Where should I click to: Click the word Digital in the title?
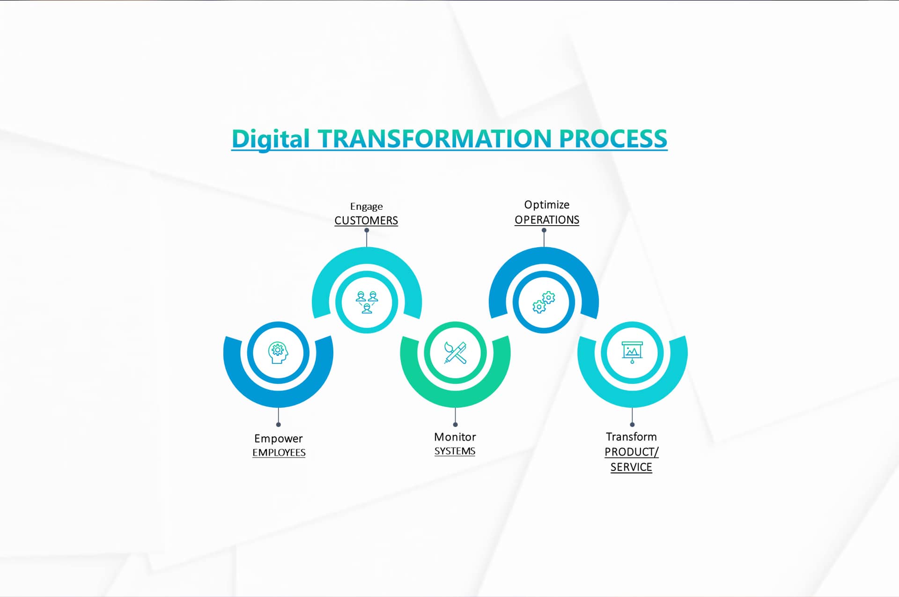click(271, 139)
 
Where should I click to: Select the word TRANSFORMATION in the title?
click(435, 139)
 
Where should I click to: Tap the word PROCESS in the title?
click(613, 139)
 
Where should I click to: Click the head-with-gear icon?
click(278, 353)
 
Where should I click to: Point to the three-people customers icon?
click(367, 302)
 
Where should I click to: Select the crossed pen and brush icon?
click(455, 353)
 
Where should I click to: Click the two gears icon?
click(544, 302)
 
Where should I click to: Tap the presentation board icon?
click(632, 353)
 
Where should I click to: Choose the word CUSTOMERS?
click(366, 221)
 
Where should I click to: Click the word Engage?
click(367, 206)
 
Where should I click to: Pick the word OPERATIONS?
click(547, 220)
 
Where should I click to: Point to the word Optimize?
click(547, 205)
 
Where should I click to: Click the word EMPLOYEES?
click(279, 453)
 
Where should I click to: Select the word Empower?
click(279, 439)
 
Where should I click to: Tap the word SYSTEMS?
click(455, 451)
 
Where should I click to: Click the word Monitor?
click(455, 437)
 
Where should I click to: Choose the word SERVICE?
click(631, 467)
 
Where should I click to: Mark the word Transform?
click(631, 437)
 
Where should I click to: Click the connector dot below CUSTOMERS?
click(367, 230)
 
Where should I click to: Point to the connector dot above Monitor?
click(455, 425)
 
